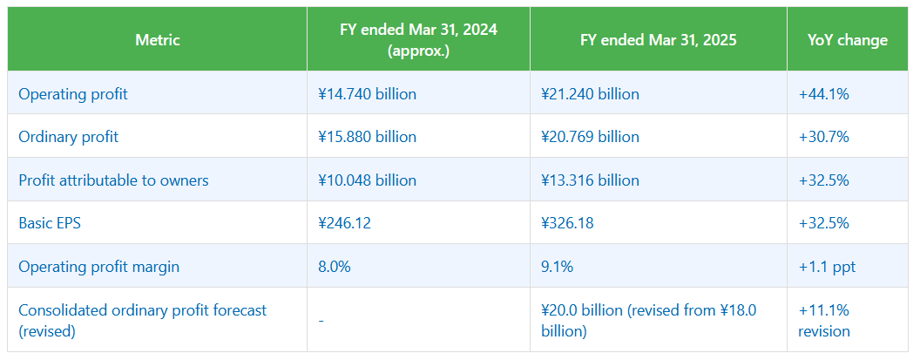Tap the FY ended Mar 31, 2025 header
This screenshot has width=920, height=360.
click(658, 40)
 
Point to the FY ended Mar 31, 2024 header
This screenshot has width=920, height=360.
click(418, 40)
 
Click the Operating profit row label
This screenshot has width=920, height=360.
click(73, 93)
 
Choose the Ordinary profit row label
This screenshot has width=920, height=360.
click(69, 137)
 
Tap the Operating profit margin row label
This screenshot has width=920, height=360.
click(98, 267)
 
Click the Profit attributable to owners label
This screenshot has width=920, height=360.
click(113, 180)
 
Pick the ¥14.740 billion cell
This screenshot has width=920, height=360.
click(368, 93)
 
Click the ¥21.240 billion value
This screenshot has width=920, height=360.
click(590, 93)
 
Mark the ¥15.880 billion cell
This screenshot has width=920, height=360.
click(368, 137)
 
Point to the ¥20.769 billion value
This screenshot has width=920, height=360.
click(590, 137)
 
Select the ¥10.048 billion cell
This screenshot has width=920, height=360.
click(368, 180)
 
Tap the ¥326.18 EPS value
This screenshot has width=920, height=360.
click(567, 223)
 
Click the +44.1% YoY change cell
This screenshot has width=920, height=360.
click(823, 93)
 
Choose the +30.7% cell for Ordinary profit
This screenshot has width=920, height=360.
click(823, 137)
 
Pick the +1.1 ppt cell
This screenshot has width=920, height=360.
click(827, 267)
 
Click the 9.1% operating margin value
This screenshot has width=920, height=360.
click(557, 267)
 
